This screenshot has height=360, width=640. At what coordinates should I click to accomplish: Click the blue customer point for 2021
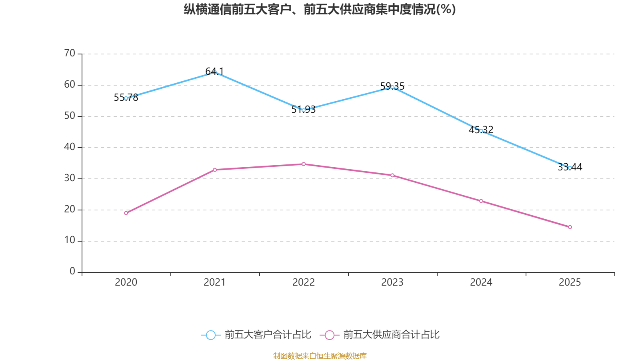(215, 72)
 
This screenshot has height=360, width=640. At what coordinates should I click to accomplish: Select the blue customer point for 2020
(126, 98)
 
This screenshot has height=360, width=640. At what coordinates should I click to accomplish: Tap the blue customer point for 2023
(392, 87)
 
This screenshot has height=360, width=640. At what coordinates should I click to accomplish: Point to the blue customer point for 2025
(570, 168)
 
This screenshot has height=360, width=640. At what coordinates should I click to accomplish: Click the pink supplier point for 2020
(126, 213)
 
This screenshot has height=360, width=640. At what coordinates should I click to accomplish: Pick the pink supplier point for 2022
(304, 164)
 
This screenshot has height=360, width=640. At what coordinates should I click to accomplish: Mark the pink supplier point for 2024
(481, 201)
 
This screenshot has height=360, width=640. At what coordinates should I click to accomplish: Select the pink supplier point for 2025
(570, 227)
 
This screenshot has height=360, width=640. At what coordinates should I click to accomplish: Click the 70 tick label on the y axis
(70, 53)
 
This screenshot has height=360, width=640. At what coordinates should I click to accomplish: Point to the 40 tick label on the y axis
(70, 147)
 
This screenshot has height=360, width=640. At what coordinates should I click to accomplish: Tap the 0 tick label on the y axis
(72, 272)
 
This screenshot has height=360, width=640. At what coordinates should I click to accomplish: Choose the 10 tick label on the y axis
(70, 240)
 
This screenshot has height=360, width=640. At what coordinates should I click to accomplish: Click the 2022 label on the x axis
(304, 282)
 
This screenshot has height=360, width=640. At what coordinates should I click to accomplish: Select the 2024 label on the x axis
(481, 282)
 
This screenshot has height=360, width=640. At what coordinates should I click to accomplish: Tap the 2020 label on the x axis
(126, 282)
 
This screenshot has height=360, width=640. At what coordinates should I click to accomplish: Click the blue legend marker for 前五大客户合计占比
(210, 335)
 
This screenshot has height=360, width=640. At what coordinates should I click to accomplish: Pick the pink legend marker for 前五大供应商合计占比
(329, 335)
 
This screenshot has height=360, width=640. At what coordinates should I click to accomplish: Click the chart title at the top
(320, 9)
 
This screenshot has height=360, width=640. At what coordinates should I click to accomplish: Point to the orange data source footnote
(320, 356)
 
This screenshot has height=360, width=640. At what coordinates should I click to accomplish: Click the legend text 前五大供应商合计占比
(391, 335)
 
